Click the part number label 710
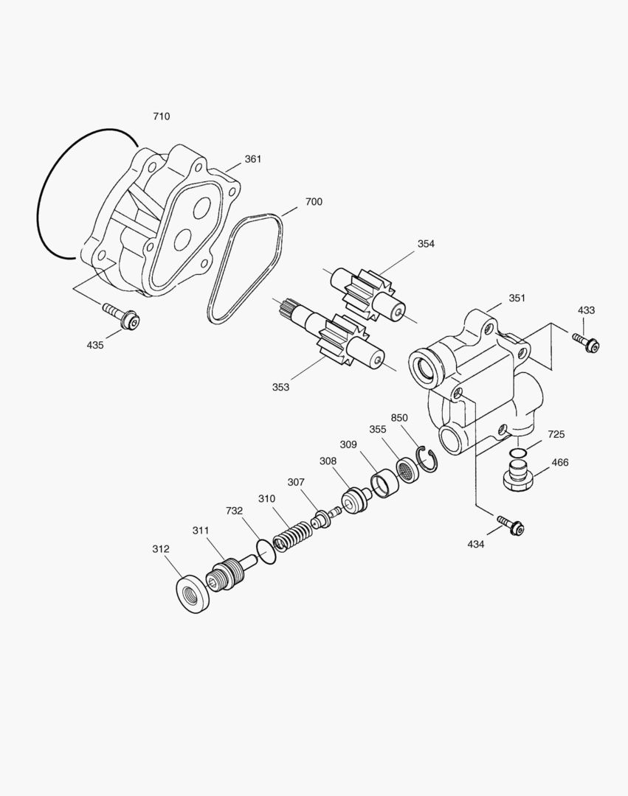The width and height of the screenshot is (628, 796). click(161, 116)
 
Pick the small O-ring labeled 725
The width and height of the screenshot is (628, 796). click(519, 451)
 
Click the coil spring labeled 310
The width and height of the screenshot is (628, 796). click(293, 534)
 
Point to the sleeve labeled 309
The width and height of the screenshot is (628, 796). click(384, 483)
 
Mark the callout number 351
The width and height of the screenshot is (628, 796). click(517, 298)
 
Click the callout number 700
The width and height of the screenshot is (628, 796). click(313, 202)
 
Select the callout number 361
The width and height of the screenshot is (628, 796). click(253, 159)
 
